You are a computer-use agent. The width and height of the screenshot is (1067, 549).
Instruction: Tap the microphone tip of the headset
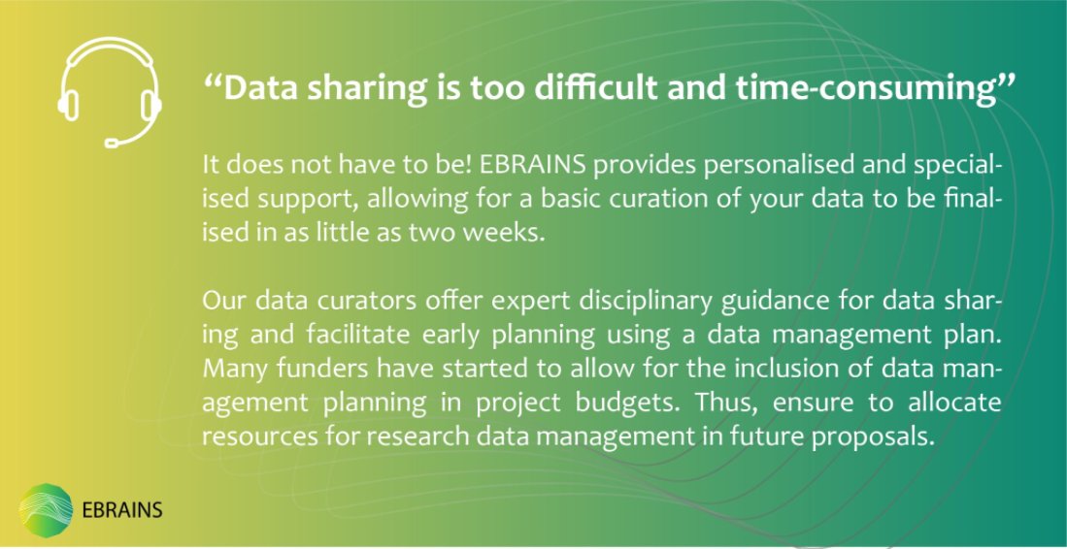(112, 144)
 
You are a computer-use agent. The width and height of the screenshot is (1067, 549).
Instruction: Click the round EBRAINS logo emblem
(46, 509)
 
